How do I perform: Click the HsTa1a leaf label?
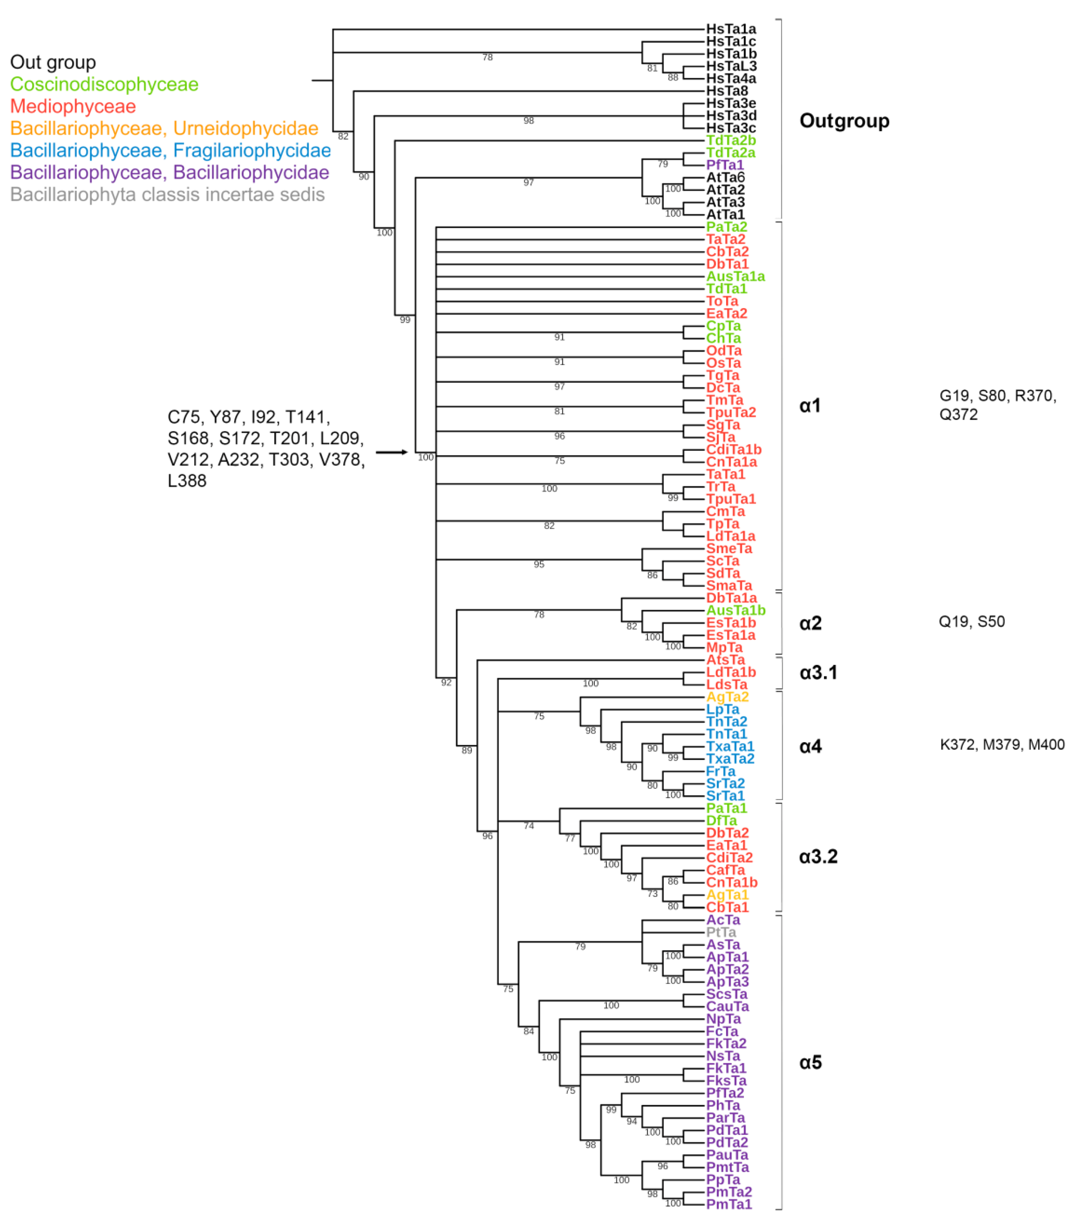pyautogui.click(x=731, y=29)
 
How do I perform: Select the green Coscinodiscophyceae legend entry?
pyautogui.click(x=104, y=84)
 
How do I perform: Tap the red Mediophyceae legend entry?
pyautogui.click(x=73, y=107)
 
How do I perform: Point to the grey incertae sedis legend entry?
pyautogui.click(x=168, y=195)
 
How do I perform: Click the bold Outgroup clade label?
pyautogui.click(x=844, y=121)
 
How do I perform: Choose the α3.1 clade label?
pyautogui.click(x=818, y=673)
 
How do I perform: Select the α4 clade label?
pyautogui.click(x=810, y=746)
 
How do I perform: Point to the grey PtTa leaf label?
pyautogui.click(x=721, y=932)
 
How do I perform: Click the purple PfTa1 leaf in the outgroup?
pyautogui.click(x=724, y=165)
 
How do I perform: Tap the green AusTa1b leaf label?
pyautogui.click(x=735, y=610)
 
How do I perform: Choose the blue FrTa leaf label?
pyautogui.click(x=720, y=771)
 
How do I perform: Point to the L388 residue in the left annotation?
pyautogui.click(x=187, y=481)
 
